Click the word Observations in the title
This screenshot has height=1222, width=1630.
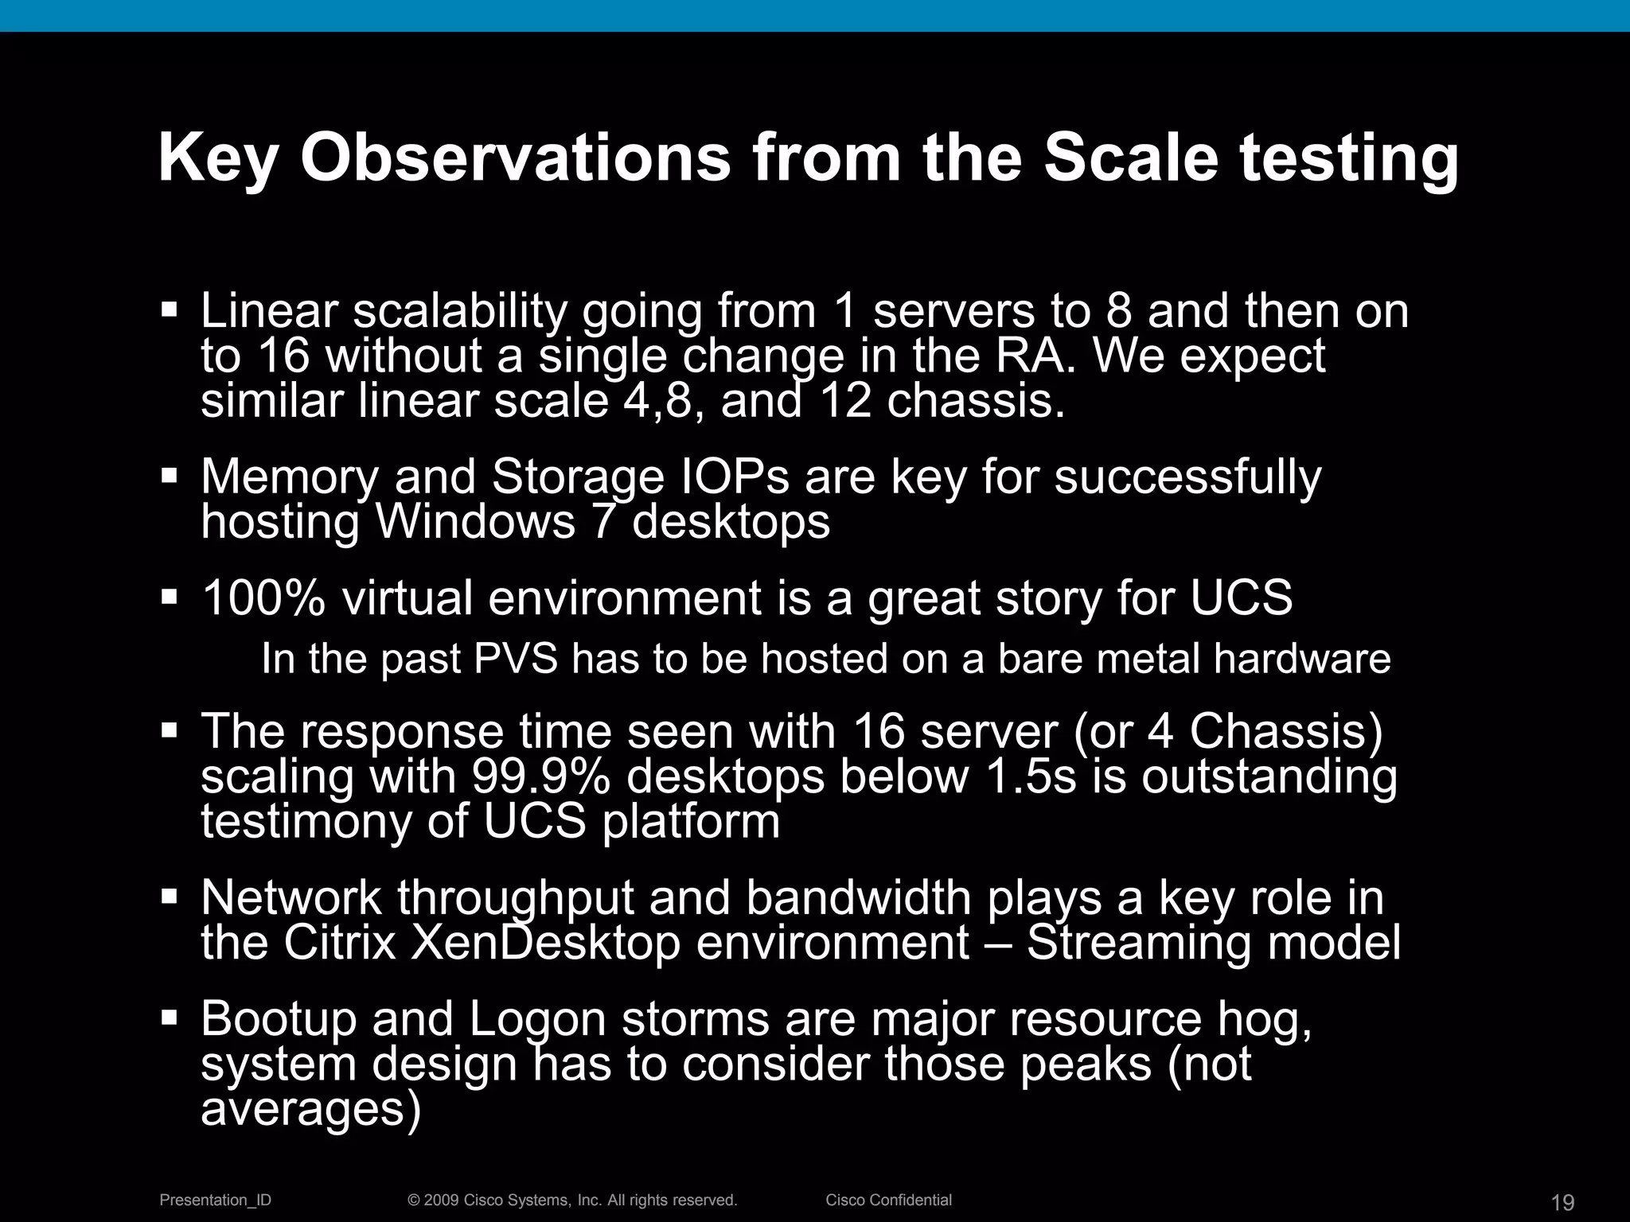tap(515, 157)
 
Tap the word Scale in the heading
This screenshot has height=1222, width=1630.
tap(1130, 157)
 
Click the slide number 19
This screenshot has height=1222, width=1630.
tap(1562, 1201)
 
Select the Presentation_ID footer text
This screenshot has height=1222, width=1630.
tap(216, 1200)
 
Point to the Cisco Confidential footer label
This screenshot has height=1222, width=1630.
tap(888, 1200)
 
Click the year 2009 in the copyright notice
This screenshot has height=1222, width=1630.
tap(441, 1200)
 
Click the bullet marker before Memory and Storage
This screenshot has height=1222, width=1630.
tap(169, 476)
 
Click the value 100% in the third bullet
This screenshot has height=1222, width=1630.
tap(263, 598)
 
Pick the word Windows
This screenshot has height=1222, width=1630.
tap(474, 523)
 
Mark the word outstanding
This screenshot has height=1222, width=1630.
tap(1269, 778)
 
